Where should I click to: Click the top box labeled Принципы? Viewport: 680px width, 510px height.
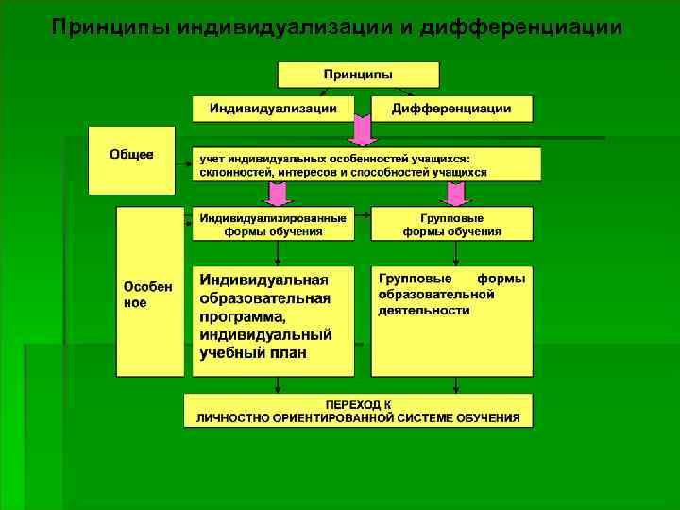(358, 75)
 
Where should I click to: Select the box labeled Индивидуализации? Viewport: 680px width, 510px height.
(274, 109)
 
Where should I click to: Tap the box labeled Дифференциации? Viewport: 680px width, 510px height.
(451, 109)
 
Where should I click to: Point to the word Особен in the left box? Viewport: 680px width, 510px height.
(147, 287)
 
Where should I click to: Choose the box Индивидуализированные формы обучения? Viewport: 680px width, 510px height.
(273, 224)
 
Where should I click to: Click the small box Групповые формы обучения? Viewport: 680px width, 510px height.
(451, 224)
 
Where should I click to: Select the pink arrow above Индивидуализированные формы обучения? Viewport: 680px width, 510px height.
(276, 193)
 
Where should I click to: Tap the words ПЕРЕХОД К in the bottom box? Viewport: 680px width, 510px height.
(358, 404)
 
